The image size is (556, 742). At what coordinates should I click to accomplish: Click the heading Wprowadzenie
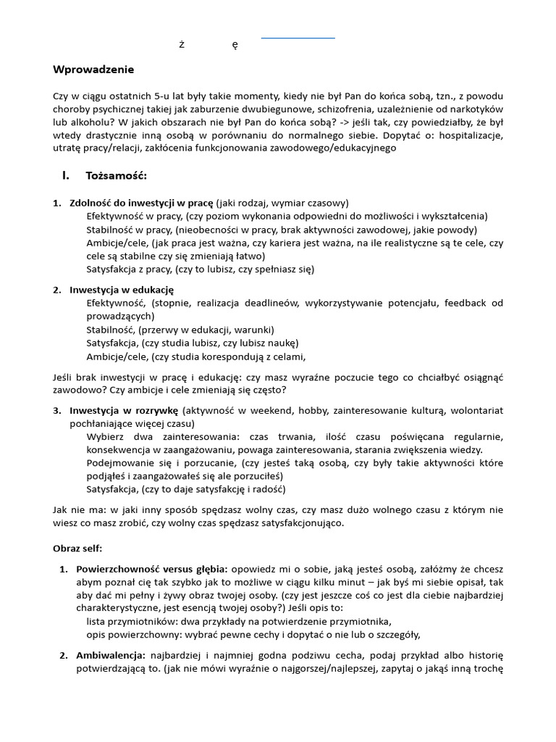coord(93,70)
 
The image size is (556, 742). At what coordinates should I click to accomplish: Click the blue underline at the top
coord(298,37)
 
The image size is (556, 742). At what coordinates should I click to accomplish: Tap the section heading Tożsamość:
coord(116,175)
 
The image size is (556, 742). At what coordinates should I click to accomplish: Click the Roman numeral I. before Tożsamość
coord(65,175)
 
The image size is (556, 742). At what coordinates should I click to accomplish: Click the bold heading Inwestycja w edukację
coord(122,290)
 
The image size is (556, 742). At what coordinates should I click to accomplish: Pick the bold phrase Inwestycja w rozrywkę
coord(124,410)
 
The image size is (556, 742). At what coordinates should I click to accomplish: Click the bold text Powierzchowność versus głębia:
coord(152,570)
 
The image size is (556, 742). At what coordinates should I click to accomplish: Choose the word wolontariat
coord(474,410)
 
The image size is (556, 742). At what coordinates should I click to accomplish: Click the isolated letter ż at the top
coord(182,45)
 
